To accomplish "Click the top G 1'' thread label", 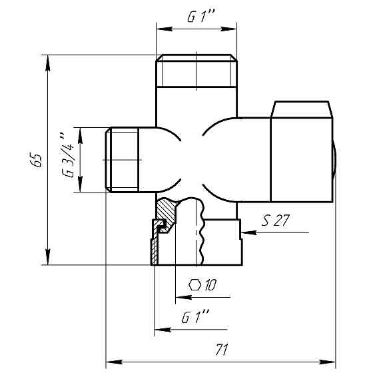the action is point(201,17).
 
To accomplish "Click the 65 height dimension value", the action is point(36,160).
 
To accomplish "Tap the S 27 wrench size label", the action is point(276,220).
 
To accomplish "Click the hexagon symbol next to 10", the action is point(194,285).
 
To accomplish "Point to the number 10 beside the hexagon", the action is point(210,285).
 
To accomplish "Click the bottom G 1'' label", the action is point(195,316).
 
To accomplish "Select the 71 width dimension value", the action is point(222,350).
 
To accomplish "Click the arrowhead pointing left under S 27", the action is point(248,232).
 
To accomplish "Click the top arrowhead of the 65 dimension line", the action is point(48,63).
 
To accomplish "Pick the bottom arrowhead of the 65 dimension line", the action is point(48,257).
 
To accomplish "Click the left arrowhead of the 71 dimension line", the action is point(114,362).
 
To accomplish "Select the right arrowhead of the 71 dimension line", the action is point(327,362).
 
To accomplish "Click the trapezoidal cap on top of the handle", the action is point(302,109).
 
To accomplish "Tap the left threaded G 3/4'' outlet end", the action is point(122,160).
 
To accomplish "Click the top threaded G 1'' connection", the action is point(196,71).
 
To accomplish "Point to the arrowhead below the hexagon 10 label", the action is point(183,297).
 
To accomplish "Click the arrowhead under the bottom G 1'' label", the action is point(163,330).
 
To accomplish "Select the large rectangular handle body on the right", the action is point(302,160).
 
